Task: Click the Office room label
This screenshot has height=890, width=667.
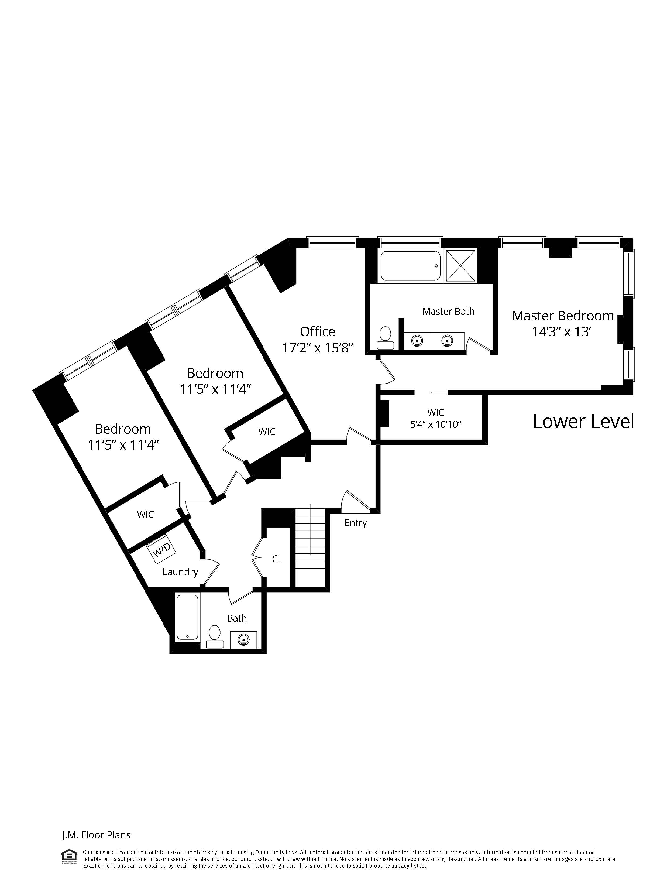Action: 317,331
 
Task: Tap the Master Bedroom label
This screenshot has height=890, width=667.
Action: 562,316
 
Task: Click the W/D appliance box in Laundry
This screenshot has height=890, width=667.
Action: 161,548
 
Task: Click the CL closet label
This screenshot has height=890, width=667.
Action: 277,559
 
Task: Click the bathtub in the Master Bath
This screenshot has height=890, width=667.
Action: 411,266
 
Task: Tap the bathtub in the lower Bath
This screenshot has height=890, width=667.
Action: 187,617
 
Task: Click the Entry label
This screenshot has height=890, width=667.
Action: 356,523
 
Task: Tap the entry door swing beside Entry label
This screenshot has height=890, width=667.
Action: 354,501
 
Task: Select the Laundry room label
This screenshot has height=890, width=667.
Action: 180,572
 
